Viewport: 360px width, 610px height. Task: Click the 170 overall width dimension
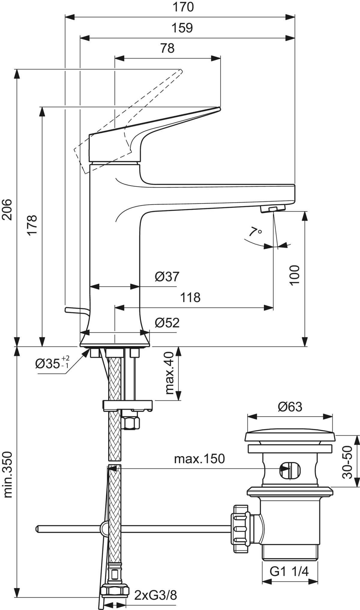click(x=183, y=7)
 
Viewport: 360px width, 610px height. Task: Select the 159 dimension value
click(x=182, y=28)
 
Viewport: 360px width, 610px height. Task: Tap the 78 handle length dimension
click(x=167, y=48)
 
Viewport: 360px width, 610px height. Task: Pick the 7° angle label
click(x=255, y=232)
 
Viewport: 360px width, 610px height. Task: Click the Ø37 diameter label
click(x=167, y=276)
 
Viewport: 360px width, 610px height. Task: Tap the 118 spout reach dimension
click(x=190, y=297)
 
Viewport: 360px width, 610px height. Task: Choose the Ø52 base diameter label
click(x=167, y=323)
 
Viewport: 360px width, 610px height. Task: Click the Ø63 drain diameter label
click(x=289, y=407)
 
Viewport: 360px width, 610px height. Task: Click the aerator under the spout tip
click(x=272, y=209)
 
